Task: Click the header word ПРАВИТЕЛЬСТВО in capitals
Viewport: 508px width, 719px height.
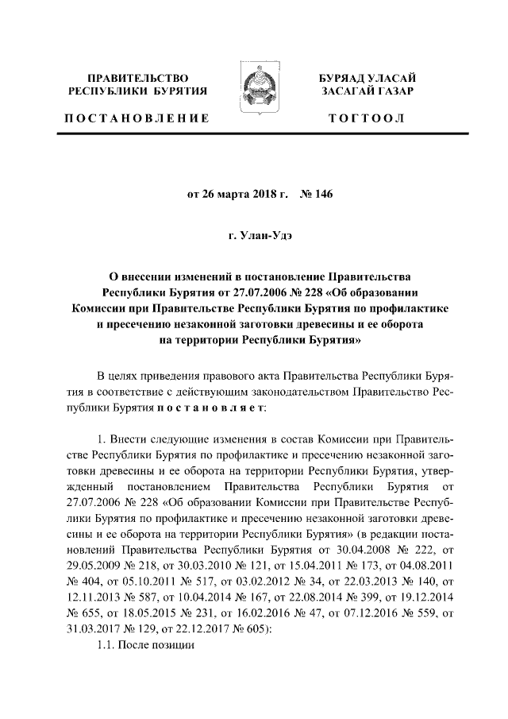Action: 138,78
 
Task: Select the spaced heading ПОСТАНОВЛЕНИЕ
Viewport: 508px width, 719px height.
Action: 136,118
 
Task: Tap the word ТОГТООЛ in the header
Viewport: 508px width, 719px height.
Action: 370,118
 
